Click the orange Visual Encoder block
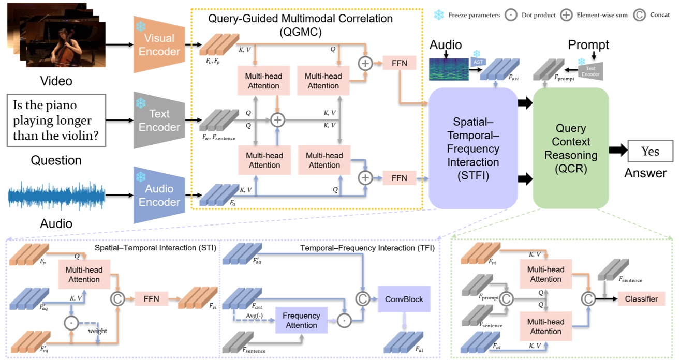pyautogui.click(x=158, y=45)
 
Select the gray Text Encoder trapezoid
pyautogui.click(x=158, y=120)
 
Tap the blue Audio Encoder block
pyautogui.click(x=158, y=194)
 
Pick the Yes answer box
pyautogui.click(x=650, y=151)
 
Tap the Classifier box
pyautogui.click(x=641, y=298)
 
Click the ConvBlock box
pyautogui.click(x=404, y=298)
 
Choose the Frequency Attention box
pyautogui.click(x=301, y=320)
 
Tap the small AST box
pyautogui.click(x=477, y=61)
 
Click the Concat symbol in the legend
pyautogui.click(x=640, y=14)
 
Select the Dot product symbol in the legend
pyautogui.click(x=511, y=14)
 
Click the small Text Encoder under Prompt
pyautogui.click(x=591, y=71)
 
